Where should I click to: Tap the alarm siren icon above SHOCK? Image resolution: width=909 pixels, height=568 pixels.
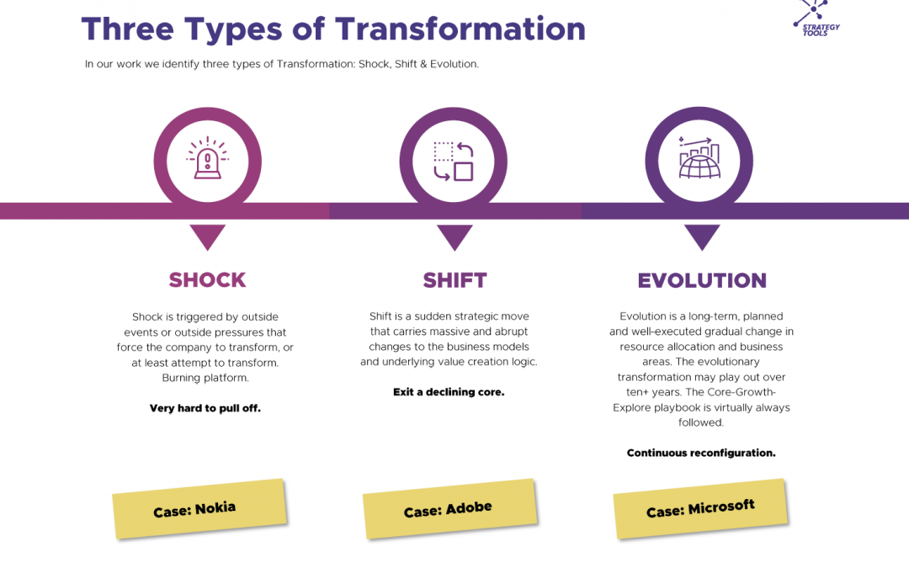(207, 161)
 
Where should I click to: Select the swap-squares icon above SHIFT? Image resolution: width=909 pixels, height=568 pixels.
(454, 161)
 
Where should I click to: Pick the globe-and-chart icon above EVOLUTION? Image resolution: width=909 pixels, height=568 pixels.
(699, 161)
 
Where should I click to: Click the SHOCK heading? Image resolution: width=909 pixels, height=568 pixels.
(207, 280)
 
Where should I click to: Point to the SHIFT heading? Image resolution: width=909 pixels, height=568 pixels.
(454, 280)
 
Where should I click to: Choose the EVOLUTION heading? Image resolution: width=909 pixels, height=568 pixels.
(702, 280)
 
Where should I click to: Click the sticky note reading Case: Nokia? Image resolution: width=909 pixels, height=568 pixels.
(199, 508)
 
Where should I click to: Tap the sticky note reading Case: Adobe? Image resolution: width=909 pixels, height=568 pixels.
(449, 509)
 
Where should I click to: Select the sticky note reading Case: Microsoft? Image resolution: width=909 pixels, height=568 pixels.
(700, 508)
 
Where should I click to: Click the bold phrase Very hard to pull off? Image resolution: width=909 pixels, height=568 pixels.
(205, 408)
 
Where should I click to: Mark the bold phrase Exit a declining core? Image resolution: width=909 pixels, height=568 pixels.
(449, 392)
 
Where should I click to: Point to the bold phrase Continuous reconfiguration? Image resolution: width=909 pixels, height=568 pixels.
(701, 453)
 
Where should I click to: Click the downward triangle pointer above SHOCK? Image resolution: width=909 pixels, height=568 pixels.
(207, 236)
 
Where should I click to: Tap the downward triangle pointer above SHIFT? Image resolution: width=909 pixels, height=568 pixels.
(454, 236)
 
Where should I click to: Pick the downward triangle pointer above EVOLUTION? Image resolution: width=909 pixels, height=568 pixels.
(702, 236)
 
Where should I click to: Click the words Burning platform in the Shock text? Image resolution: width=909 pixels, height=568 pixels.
(205, 378)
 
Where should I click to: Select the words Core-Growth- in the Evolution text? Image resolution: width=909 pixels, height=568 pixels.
(745, 392)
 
